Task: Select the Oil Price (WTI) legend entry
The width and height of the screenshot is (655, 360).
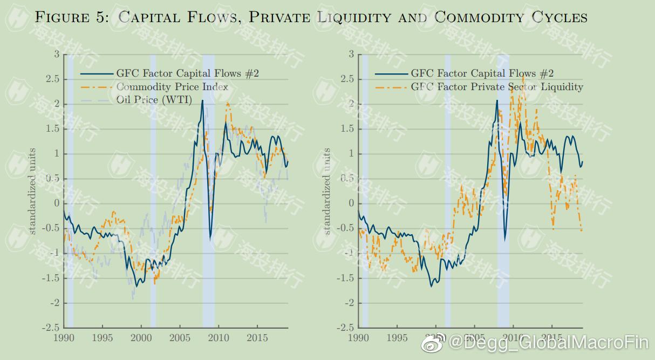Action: [154, 100]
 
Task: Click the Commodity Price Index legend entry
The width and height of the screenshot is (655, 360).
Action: [172, 87]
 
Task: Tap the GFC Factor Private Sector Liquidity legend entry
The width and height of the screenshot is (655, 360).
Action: [497, 87]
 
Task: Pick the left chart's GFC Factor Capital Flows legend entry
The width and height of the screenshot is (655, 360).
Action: [187, 73]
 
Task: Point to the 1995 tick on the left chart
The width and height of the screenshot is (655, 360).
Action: [102, 338]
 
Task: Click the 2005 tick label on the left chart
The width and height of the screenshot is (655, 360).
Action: [180, 338]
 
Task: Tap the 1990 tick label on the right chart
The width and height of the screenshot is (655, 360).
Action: [358, 338]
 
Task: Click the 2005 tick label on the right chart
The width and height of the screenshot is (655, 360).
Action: [474, 338]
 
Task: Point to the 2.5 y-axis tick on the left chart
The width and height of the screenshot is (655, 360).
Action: [52, 79]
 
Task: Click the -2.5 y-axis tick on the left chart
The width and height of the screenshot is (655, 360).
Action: [50, 328]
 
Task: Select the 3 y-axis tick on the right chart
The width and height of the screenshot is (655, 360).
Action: [351, 54]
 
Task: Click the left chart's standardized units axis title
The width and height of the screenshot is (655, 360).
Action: [32, 191]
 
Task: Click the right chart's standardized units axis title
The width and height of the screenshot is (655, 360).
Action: [326, 191]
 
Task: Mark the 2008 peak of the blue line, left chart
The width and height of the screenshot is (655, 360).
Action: [202, 101]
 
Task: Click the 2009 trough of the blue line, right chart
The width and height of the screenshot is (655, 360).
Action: [505, 239]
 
